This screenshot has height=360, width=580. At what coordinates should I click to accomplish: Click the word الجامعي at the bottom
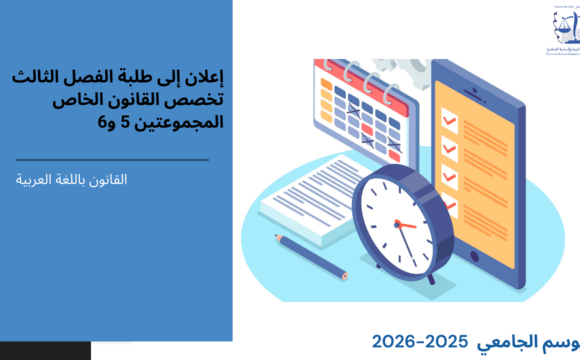(x=510, y=340)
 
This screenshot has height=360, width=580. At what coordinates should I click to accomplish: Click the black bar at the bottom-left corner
(x=45, y=351)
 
